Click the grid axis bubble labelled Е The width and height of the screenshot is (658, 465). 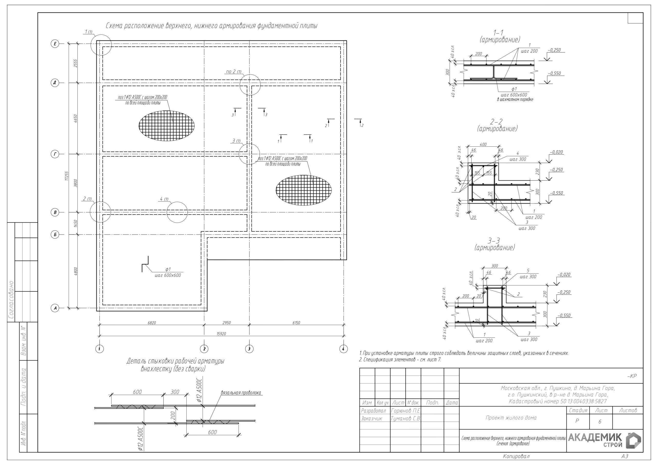55,44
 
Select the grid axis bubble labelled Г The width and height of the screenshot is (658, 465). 55,154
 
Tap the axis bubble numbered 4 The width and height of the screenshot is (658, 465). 343,349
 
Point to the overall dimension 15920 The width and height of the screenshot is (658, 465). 221,333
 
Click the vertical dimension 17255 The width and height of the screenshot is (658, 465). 67,176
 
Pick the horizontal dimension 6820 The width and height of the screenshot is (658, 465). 152,323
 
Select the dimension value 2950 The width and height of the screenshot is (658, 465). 226,323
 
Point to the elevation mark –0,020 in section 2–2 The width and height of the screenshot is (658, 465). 556,152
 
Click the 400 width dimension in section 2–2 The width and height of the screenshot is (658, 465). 483,144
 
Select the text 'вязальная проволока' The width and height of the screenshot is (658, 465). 241,393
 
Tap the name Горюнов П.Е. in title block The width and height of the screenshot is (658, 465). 405,411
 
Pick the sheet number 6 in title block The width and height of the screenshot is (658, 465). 600,421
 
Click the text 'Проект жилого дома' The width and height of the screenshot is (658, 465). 511,418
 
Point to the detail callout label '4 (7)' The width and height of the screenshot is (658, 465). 164,199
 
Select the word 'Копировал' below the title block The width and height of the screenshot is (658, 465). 516,456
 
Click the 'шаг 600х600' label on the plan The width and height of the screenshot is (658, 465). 168,275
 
